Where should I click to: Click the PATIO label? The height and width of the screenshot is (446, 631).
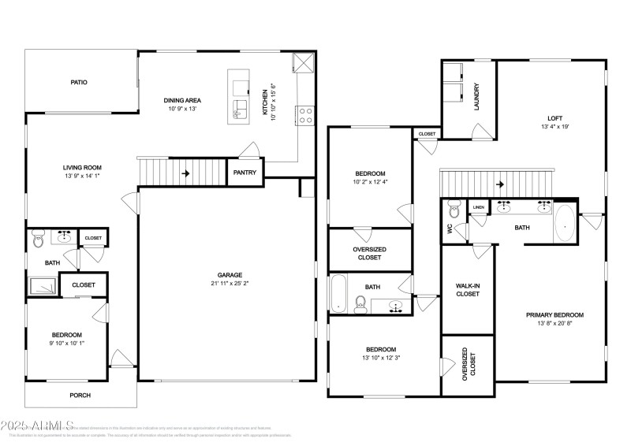tap(79, 82)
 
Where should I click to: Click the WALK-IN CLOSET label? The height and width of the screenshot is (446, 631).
tap(468, 289)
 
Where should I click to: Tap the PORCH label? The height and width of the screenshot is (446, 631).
tap(80, 396)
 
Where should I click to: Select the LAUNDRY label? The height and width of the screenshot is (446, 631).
tap(476, 97)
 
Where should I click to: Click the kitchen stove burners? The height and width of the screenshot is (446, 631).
tap(305, 116)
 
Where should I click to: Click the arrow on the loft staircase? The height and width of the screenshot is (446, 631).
tap(500, 185)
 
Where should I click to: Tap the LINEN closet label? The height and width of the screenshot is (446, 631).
tap(479, 208)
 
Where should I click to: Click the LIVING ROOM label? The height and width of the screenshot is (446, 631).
tap(83, 167)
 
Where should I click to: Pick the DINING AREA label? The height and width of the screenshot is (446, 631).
tap(182, 100)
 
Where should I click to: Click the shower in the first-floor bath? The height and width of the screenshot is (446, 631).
tap(42, 284)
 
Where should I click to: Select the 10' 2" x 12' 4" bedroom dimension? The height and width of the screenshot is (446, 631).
tap(371, 182)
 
